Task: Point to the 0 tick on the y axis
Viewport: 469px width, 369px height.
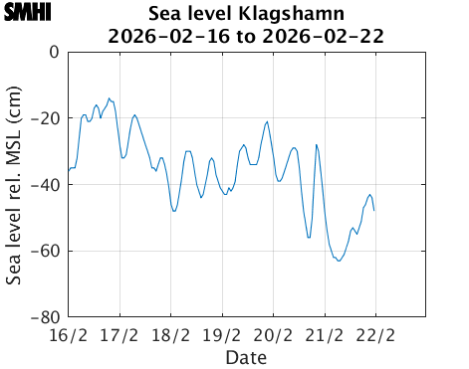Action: [54, 52]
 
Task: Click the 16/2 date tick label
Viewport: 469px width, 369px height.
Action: [68, 334]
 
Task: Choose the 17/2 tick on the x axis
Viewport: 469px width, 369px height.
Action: [119, 334]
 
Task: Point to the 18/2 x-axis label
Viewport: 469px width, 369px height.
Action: [171, 334]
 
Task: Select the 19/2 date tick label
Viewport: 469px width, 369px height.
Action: [222, 334]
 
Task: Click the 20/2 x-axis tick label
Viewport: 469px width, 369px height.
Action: [274, 334]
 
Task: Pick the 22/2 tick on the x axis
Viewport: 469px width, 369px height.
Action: [376, 334]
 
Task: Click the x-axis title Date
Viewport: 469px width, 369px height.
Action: [246, 356]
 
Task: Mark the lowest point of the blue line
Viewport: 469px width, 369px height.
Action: [340, 261]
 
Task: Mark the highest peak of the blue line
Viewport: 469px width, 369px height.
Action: [110, 98]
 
